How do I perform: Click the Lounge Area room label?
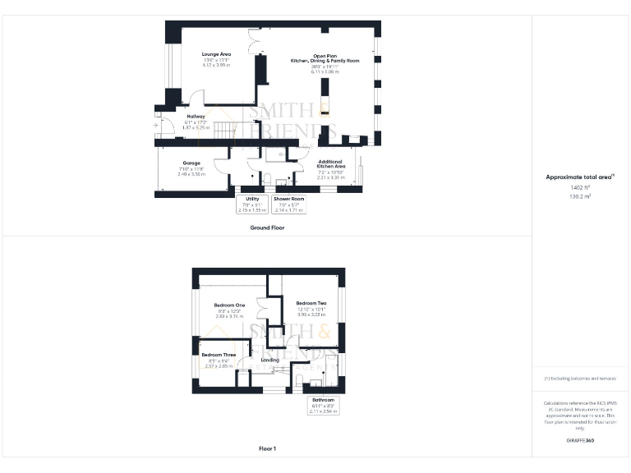coord(217,54)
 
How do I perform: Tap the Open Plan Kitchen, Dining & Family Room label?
coord(325,57)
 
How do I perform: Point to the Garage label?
coord(192,163)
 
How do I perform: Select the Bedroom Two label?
coord(312,303)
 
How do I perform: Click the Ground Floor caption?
coord(267,227)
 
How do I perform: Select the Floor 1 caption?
coord(267,448)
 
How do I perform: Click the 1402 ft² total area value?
coord(580,187)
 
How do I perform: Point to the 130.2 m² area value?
coord(580,196)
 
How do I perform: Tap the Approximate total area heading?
coord(580,177)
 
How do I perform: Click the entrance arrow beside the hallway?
coord(156,126)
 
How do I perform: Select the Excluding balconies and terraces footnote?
coord(580,379)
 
